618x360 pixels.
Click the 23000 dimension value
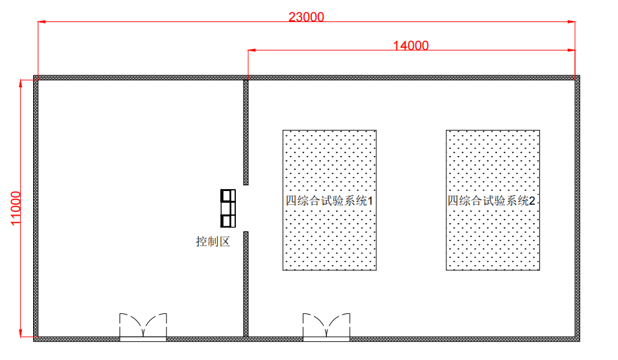[306, 17]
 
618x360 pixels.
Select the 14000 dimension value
[411, 45]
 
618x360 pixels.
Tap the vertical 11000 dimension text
[16, 208]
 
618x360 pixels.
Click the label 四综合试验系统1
[329, 201]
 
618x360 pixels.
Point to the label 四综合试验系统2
[491, 201]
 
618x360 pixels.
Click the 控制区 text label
[213, 241]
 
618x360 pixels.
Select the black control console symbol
[228, 209]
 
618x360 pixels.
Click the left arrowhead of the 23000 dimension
[42, 21]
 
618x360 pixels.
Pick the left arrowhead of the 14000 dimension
[252, 50]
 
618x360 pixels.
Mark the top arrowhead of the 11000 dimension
[21, 84]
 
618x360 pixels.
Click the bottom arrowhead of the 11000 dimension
[21, 333]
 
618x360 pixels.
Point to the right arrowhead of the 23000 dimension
[571, 21]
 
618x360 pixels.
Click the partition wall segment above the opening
[246, 133]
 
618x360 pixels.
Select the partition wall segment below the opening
[246, 284]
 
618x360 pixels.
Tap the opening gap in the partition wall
[246, 208]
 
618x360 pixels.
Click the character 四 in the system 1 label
[291, 201]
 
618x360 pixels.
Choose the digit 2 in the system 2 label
[532, 201]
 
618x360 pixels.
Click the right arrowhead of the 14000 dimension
[571, 50]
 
